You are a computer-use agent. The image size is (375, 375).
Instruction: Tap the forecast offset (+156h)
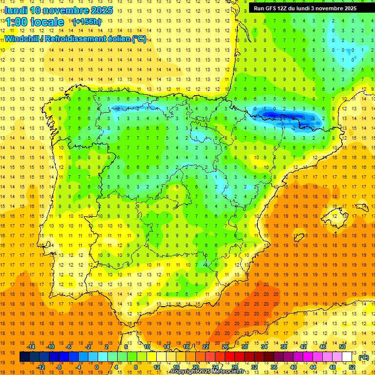coord(87,22)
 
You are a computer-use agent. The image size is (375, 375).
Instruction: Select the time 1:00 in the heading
coord(16,22)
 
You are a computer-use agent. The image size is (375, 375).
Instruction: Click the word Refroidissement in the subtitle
coord(76,39)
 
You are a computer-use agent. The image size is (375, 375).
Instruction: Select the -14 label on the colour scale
coord(31,347)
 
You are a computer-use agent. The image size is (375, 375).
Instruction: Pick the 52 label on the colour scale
coord(353,367)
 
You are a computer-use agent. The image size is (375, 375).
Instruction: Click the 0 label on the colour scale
coord(96,367)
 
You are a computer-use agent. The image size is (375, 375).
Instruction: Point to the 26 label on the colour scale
coord(225,347)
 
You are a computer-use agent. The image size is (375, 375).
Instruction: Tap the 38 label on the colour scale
coord(283,347)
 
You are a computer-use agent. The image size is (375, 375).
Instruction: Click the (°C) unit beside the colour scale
coord(363,357)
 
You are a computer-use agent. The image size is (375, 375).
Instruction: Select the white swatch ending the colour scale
coord(347,357)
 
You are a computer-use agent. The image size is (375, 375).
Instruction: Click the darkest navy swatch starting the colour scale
coord(24,357)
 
